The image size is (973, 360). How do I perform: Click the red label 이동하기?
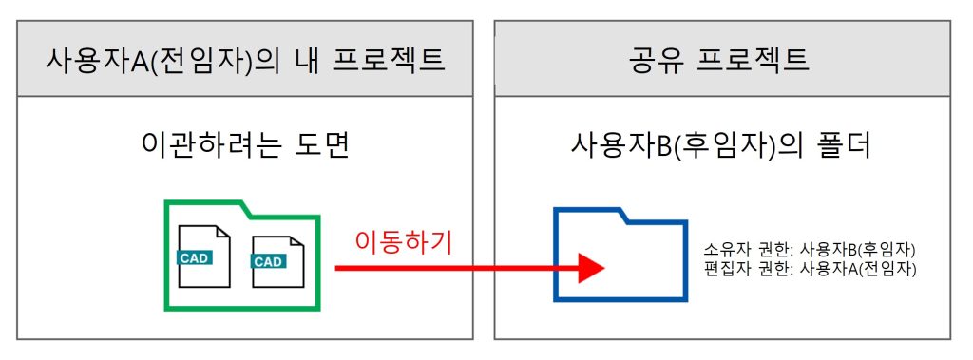click(x=404, y=242)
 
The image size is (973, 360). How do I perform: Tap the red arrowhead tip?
click(x=604, y=268)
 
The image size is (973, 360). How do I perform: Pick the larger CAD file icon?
click(x=204, y=256)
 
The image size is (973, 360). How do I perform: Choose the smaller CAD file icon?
click(x=278, y=261)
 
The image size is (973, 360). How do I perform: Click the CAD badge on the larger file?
click(x=195, y=257)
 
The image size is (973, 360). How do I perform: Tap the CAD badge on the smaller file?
click(x=268, y=261)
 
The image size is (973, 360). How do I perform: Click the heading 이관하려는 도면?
click(x=245, y=146)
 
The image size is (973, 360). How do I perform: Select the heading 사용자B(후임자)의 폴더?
click(x=722, y=146)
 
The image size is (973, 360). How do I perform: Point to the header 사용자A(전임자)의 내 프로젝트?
click(x=245, y=60)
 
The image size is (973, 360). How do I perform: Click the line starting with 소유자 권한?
click(x=810, y=250)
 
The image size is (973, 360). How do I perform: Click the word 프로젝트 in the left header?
click(x=389, y=60)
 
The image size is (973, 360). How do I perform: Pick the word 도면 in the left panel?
click(x=323, y=146)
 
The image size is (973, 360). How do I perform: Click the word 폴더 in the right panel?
click(x=847, y=146)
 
